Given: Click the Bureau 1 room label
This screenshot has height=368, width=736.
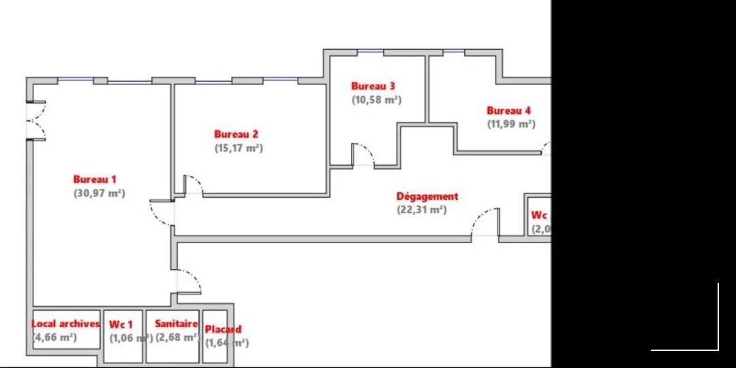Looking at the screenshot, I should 95,179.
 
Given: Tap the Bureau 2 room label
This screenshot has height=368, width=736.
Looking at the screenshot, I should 236,134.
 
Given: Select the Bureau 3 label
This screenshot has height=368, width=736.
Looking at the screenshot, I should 373,86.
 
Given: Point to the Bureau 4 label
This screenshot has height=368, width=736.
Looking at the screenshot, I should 508,110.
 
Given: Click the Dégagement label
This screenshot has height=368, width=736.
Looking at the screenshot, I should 427,196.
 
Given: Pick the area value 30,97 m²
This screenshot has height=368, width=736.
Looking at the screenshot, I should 99,193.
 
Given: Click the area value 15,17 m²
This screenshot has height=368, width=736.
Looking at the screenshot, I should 239,148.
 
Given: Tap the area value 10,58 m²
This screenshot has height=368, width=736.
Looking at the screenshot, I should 376,99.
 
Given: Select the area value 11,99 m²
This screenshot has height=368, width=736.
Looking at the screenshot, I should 511,124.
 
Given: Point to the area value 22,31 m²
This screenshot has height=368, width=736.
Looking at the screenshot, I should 421,210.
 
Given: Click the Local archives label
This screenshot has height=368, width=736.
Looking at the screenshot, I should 65,324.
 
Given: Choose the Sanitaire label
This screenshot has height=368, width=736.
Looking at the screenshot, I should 176,324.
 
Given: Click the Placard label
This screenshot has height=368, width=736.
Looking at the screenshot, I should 223,329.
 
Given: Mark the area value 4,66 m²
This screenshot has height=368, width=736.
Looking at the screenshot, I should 55,337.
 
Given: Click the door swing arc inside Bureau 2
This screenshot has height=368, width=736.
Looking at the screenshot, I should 194,184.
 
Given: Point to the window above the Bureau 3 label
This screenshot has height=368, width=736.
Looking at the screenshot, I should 370,52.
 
